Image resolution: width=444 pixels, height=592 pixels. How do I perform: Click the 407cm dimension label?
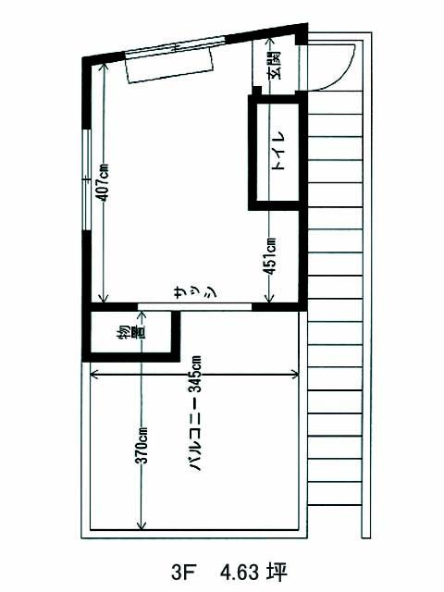click(102, 182)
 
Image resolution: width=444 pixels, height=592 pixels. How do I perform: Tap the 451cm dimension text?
click(269, 256)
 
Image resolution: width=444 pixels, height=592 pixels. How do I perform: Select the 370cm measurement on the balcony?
click(142, 445)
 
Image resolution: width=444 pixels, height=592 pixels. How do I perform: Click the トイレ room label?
click(279, 151)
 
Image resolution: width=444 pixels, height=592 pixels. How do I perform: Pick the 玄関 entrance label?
click(276, 65)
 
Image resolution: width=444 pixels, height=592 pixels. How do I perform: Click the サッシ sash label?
click(195, 291)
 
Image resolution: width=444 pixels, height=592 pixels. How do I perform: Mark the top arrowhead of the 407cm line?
click(102, 65)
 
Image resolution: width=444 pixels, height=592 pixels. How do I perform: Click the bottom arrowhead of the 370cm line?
click(142, 527)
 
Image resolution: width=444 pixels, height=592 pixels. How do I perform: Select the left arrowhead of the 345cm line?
click(92, 375)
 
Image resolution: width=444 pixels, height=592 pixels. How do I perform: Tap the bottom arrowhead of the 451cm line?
click(268, 301)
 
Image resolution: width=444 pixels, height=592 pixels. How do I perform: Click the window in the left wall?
click(86, 179)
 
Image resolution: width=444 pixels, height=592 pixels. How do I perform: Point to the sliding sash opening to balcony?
click(194, 306)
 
